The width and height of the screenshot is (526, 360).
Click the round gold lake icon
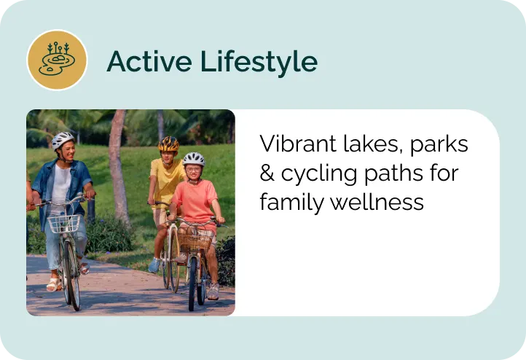(x=57, y=60)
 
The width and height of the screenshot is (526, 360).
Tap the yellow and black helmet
(x=168, y=143)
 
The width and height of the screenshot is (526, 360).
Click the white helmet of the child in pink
(x=193, y=158)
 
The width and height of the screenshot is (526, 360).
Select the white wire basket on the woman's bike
(x=64, y=222)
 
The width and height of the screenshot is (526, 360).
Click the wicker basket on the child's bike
(x=193, y=238)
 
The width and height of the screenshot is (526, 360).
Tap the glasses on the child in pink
(x=193, y=169)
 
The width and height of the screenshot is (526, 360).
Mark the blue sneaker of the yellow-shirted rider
(x=154, y=266)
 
